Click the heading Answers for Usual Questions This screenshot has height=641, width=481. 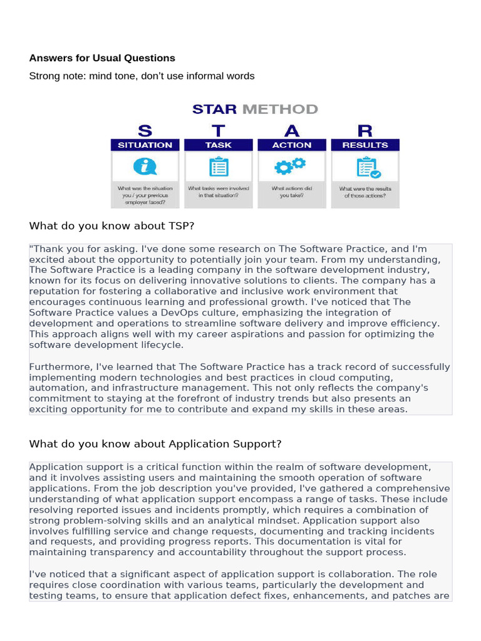pyautogui.click(x=102, y=58)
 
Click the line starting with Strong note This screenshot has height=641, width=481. pyautogui.click(x=142, y=76)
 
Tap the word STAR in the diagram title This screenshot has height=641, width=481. pyautogui.click(x=214, y=110)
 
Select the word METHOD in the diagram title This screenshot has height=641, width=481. pyautogui.click(x=280, y=110)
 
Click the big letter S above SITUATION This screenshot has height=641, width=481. pyautogui.click(x=145, y=130)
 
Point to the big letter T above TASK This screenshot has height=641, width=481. pyautogui.click(x=218, y=130)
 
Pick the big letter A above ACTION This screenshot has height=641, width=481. pyautogui.click(x=292, y=130)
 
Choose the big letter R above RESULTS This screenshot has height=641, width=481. pyautogui.click(x=365, y=130)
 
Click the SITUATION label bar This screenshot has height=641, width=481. pyautogui.click(x=145, y=145)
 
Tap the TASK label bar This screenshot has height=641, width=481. pyautogui.click(x=218, y=145)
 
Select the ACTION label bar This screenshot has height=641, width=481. pyautogui.click(x=292, y=145)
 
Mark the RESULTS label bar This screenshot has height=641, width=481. pyautogui.click(x=365, y=145)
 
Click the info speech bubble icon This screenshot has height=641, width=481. pyautogui.click(x=145, y=167)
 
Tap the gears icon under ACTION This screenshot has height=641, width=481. pyautogui.click(x=291, y=166)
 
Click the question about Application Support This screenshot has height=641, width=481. pyautogui.click(x=155, y=444)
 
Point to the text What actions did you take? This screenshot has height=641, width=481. pyautogui.click(x=292, y=192)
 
